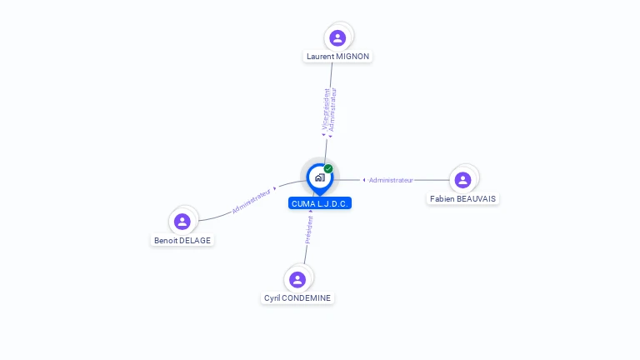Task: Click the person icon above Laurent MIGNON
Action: (x=337, y=37)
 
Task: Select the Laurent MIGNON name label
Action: (x=337, y=57)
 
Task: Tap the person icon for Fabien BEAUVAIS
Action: (x=463, y=179)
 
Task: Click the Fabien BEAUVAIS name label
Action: (x=463, y=198)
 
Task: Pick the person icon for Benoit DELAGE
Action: (x=182, y=221)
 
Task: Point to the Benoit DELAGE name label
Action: (x=182, y=240)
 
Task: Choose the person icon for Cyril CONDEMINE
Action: (x=297, y=279)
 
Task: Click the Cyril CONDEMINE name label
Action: (x=297, y=297)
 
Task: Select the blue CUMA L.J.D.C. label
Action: (x=320, y=203)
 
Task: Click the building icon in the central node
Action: (x=319, y=177)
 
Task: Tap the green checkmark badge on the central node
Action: (x=328, y=168)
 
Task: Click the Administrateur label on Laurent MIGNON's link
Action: (x=333, y=109)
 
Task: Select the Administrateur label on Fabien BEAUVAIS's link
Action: (x=391, y=180)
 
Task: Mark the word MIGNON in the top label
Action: (x=352, y=57)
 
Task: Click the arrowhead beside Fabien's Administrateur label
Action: (x=364, y=180)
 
